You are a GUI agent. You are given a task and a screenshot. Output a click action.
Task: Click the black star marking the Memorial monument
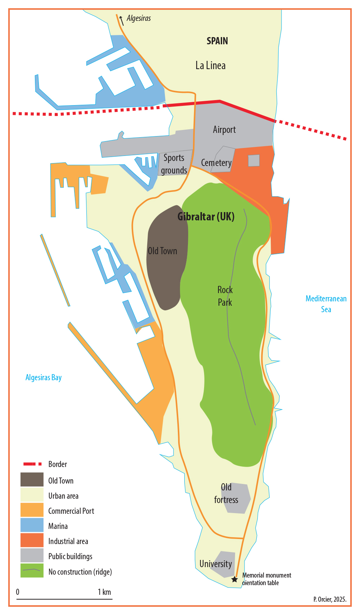234,579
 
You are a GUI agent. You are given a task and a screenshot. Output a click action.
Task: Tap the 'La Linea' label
211,66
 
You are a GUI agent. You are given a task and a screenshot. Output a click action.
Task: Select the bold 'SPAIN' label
217,41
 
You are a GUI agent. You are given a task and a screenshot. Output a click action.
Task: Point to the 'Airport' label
224,130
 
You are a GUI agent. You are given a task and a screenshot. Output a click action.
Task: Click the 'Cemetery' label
216,163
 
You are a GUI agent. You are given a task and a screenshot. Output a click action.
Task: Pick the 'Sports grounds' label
174,164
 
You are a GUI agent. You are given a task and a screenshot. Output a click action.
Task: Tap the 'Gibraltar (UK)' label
206,216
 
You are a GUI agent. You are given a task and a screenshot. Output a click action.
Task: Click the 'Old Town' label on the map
162,251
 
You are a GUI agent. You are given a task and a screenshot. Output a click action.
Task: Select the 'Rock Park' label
225,296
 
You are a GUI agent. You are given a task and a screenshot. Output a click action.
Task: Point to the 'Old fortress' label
226,493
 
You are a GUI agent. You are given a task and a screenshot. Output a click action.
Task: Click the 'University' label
216,564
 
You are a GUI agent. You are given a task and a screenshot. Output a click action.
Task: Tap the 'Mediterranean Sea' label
326,304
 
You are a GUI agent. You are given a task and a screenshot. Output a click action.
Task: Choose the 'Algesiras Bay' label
44,378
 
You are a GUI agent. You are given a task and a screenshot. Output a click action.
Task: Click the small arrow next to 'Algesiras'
122,20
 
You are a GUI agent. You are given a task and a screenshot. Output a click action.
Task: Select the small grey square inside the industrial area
254,161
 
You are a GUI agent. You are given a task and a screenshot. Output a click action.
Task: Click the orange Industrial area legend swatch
32,541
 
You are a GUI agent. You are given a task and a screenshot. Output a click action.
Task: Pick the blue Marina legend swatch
32,526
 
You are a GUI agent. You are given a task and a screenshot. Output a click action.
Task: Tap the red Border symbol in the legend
32,464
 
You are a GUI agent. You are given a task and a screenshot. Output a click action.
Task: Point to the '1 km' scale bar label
104,592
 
